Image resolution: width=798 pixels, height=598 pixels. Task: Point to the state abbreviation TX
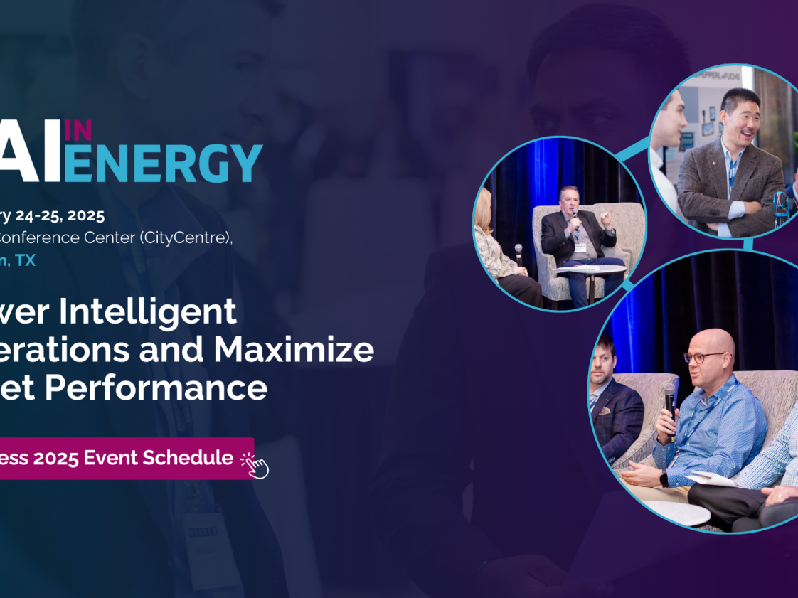[x=26, y=260]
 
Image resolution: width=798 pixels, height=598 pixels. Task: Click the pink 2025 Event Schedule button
[x=121, y=458]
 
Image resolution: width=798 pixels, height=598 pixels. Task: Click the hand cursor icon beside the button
[x=256, y=465]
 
